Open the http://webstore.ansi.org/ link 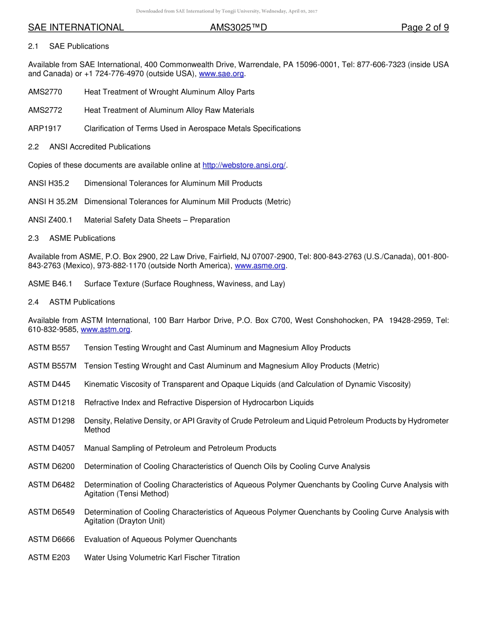click(x=244, y=165)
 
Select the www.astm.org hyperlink click(x=105, y=330)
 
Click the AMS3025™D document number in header click(x=238, y=28)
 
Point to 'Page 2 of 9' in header click(x=425, y=28)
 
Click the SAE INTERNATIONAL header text click(x=76, y=28)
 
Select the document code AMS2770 click(x=45, y=92)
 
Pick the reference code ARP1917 click(x=45, y=128)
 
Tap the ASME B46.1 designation click(x=50, y=284)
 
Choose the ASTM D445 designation click(x=49, y=384)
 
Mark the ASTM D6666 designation click(x=51, y=539)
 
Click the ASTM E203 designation click(x=49, y=557)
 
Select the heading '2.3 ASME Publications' click(x=72, y=238)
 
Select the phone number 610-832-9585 click(x=52, y=330)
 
